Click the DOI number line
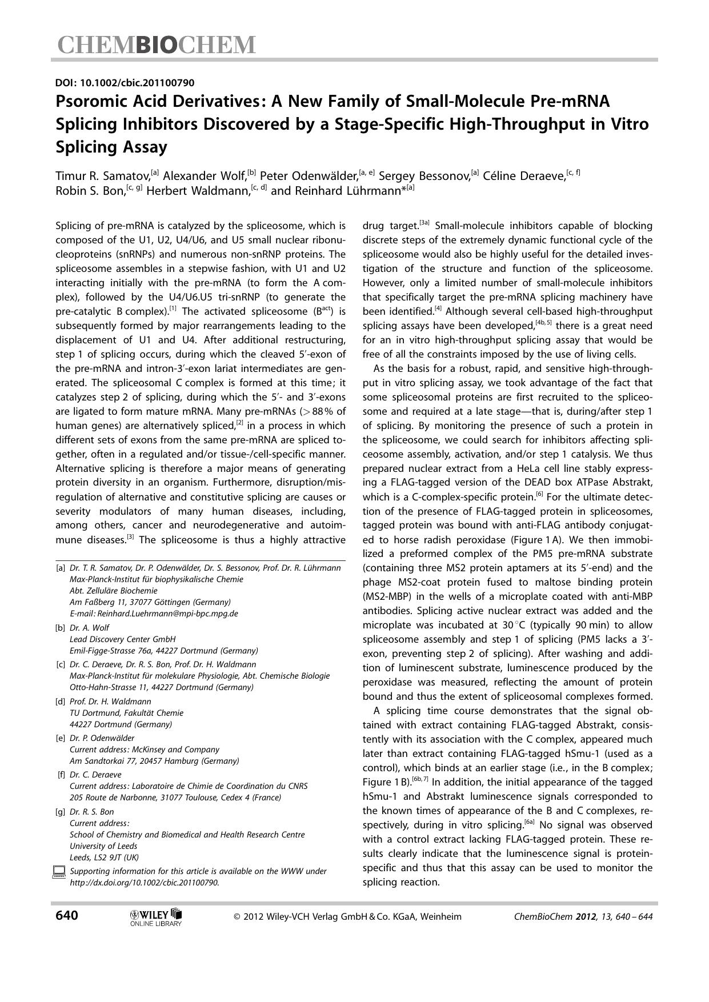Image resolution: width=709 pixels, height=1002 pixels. pos(125,83)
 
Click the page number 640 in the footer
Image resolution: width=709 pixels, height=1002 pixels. pos(67,916)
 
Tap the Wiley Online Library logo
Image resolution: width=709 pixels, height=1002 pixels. pos(156,917)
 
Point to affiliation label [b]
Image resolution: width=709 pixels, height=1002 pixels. pos(61,628)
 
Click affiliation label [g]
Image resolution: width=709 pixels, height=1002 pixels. pos(61,812)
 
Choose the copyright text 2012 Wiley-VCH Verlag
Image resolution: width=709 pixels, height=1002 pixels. pos(347,917)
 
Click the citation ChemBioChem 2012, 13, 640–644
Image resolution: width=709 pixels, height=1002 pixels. pos(583,917)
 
